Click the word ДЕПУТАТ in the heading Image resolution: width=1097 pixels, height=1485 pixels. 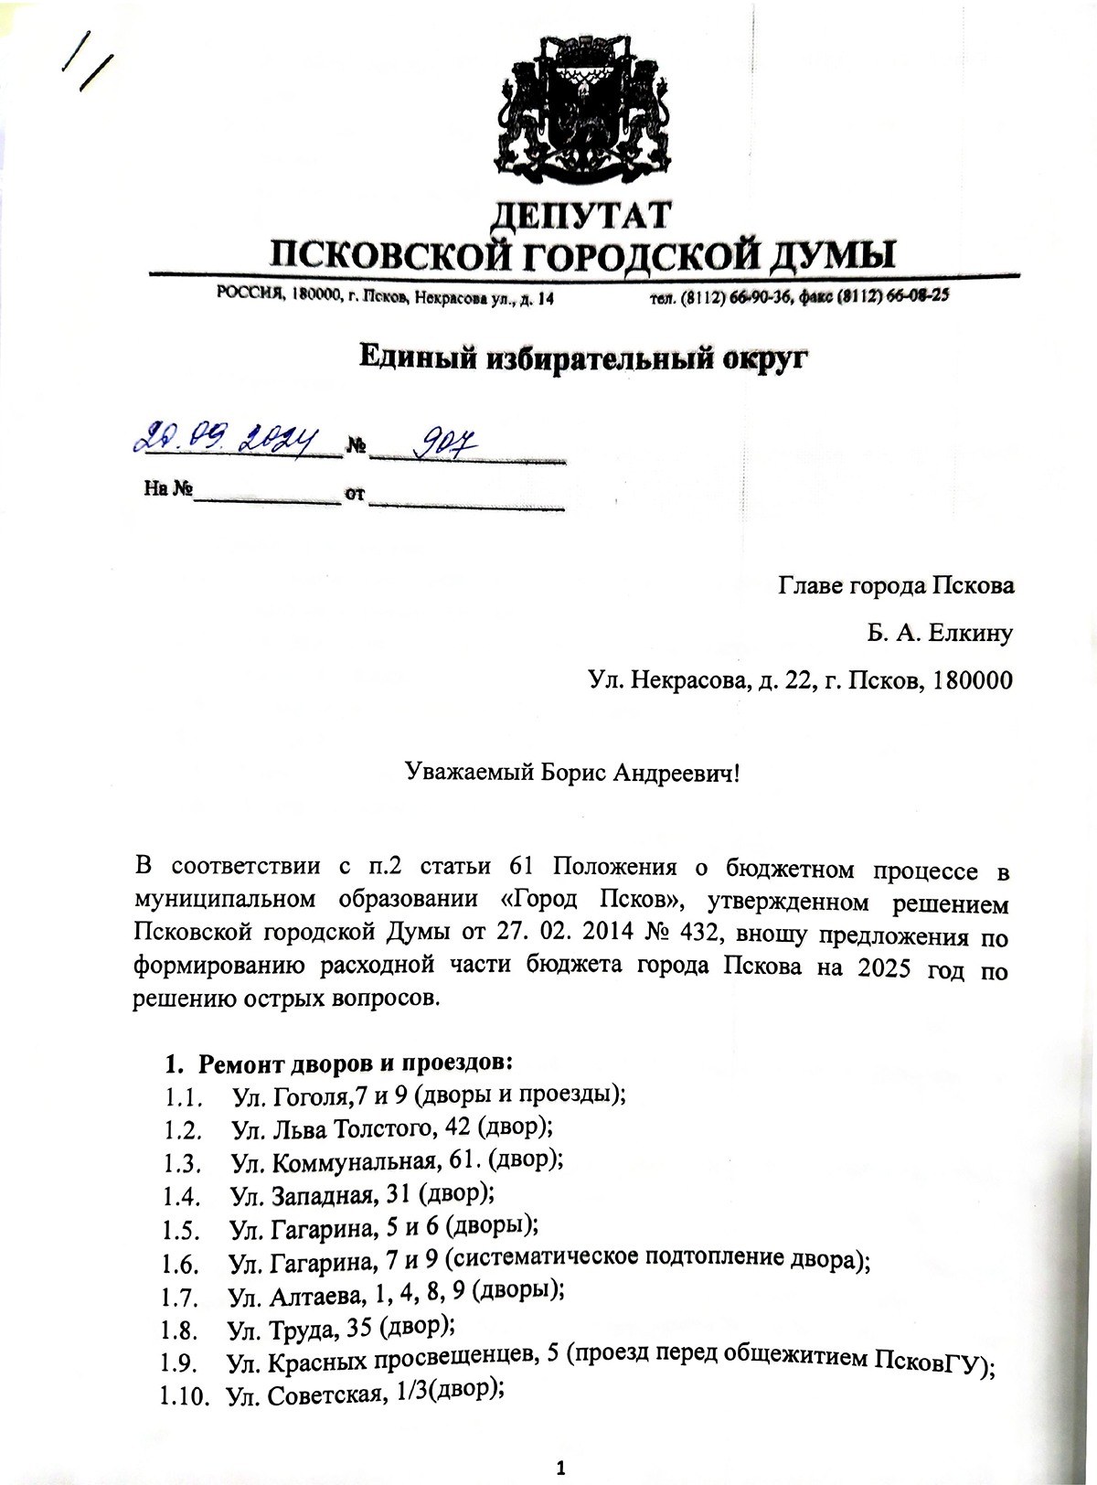pos(581,216)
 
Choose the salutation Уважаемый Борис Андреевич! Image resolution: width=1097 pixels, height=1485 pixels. pos(572,774)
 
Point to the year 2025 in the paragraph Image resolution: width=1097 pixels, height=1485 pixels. pos(884,967)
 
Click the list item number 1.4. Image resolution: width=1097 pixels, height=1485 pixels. pos(181,1196)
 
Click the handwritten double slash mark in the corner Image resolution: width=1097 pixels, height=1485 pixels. pos(85,58)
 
